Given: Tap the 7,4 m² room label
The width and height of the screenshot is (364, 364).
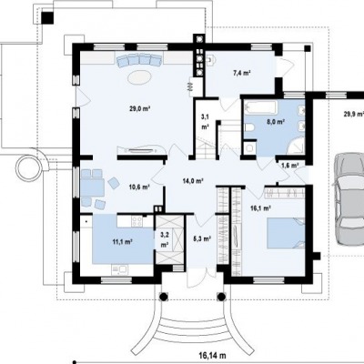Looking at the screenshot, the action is coord(241,73).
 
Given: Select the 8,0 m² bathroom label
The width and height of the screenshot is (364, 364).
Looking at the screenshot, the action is coord(276,122).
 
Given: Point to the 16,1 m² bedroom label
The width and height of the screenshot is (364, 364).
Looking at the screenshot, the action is coord(261,207).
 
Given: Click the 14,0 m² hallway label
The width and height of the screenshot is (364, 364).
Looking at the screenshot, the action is coord(193,181).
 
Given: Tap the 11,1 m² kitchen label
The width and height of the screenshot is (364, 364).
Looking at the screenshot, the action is coord(123,242).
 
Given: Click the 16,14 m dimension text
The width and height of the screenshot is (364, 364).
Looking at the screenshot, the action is coord(213,355).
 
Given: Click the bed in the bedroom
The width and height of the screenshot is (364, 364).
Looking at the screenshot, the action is coord(286,233).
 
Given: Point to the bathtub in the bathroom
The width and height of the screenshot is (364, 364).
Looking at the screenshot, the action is coord(261,108).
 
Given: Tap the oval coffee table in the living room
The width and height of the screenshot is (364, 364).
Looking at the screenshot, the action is coord(139,77).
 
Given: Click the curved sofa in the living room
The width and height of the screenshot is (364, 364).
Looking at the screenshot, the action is coord(139,60).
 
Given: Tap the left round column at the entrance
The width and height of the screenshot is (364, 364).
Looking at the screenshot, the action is coord(163,296).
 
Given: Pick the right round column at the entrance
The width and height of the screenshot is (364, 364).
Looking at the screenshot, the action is coord(221,296).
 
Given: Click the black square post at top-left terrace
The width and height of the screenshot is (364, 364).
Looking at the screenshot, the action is coord(47,18).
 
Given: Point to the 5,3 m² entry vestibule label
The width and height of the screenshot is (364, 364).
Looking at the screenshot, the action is coord(202,238).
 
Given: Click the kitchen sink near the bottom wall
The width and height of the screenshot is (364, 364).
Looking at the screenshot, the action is coord(120,269).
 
